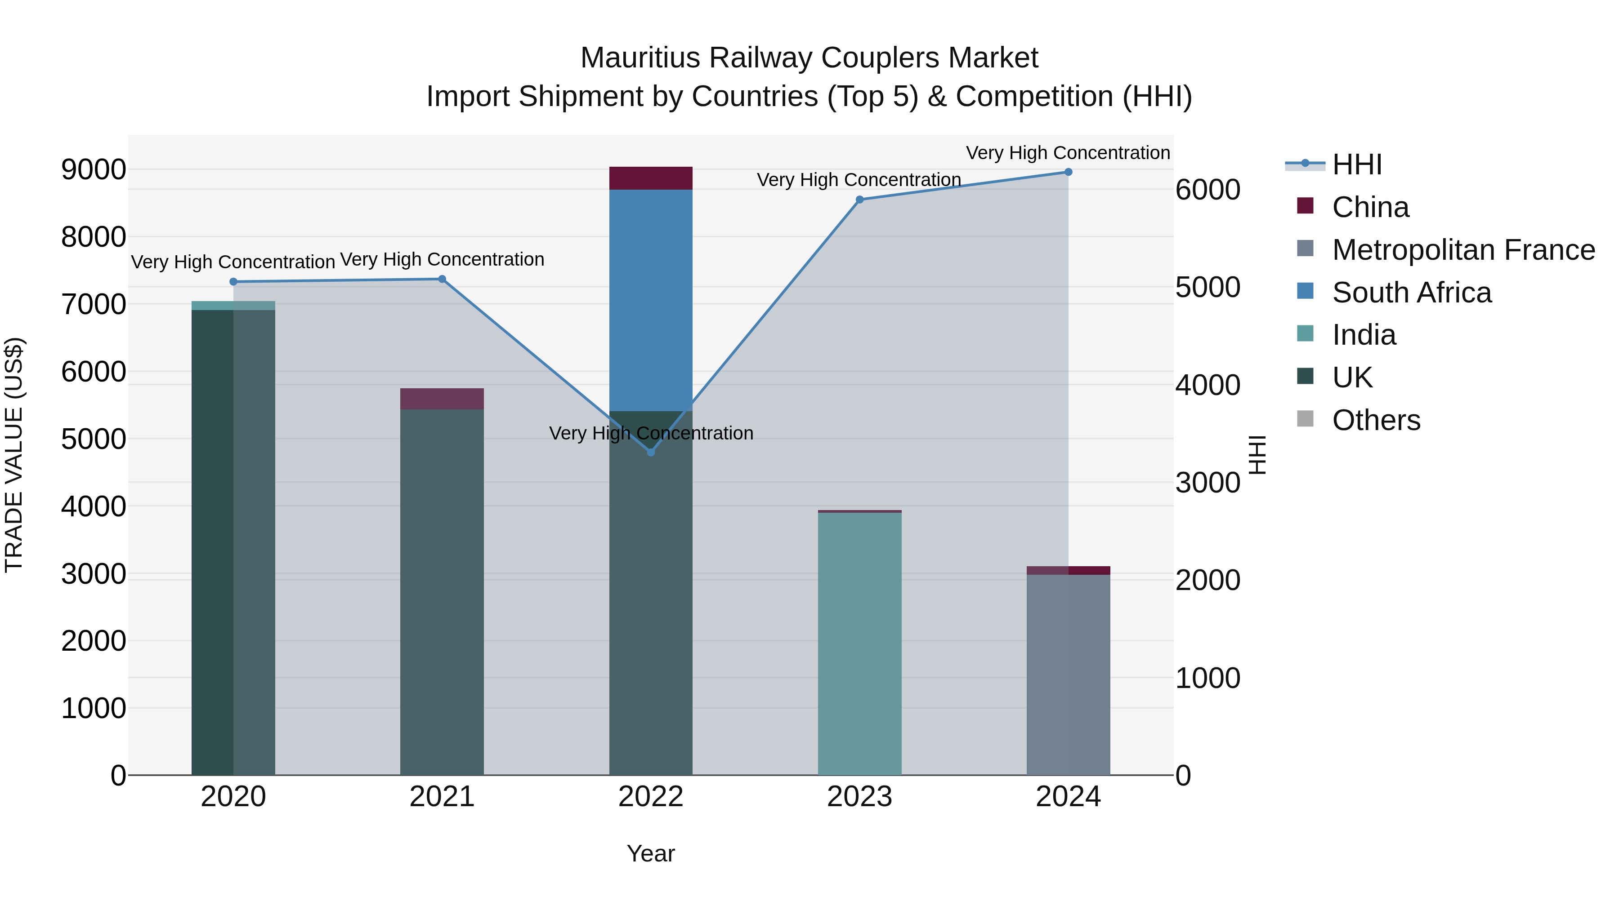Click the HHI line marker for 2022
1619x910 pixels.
[x=650, y=452]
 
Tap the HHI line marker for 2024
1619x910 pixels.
[x=1068, y=172]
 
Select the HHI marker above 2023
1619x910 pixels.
[x=859, y=200]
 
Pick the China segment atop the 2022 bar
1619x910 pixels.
[x=650, y=178]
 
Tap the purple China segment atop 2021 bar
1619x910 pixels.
[x=442, y=399]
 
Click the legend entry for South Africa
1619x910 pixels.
[x=1411, y=293]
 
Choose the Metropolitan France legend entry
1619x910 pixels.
[x=1462, y=250]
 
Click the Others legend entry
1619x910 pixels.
[x=1376, y=420]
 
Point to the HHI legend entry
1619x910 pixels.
[x=1356, y=164]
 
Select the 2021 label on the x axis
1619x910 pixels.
[x=442, y=797]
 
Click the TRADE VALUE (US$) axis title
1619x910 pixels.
[x=14, y=455]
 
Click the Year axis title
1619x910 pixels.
[x=650, y=853]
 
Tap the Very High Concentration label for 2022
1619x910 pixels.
[x=650, y=433]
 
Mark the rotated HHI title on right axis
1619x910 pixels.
[x=1257, y=455]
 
